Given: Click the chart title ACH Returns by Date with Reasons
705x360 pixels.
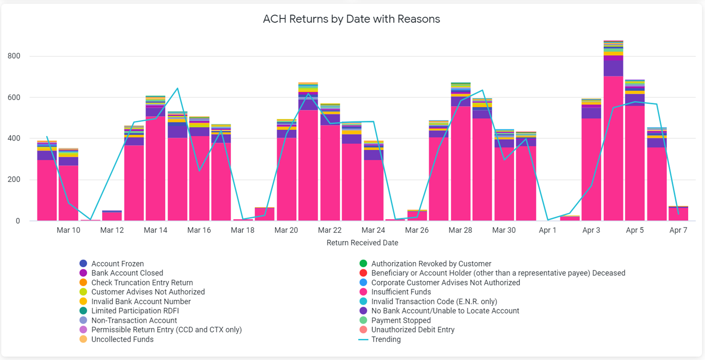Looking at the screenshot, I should pyautogui.click(x=351, y=19).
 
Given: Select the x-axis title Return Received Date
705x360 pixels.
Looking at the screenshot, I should pyautogui.click(x=362, y=243).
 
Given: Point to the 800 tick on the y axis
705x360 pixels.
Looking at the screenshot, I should pyautogui.click(x=14, y=56).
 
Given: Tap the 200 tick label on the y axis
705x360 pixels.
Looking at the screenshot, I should pyautogui.click(x=14, y=179).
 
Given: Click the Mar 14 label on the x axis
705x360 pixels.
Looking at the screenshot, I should pyautogui.click(x=156, y=230).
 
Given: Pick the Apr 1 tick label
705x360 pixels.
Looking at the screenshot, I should pyautogui.click(x=547, y=230).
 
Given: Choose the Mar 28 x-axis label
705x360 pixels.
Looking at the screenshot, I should pyautogui.click(x=460, y=230).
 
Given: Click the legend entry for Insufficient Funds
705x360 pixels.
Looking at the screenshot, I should pyautogui.click(x=401, y=292).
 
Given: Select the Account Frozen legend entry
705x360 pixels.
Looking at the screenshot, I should pyautogui.click(x=117, y=264).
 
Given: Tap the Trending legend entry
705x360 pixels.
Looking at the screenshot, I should pyautogui.click(x=386, y=339).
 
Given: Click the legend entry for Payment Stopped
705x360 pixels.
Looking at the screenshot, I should pyautogui.click(x=401, y=320).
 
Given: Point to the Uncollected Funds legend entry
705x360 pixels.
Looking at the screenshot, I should pyautogui.click(x=122, y=339).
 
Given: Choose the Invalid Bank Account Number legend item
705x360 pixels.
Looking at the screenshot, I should pyautogui.click(x=141, y=301).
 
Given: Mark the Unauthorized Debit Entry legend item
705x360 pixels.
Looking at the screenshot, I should pyautogui.click(x=412, y=330).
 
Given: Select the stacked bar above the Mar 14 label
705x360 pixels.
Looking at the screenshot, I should pyautogui.click(x=156, y=167).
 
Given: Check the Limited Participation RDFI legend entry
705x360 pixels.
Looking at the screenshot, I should pyautogui.click(x=135, y=311).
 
